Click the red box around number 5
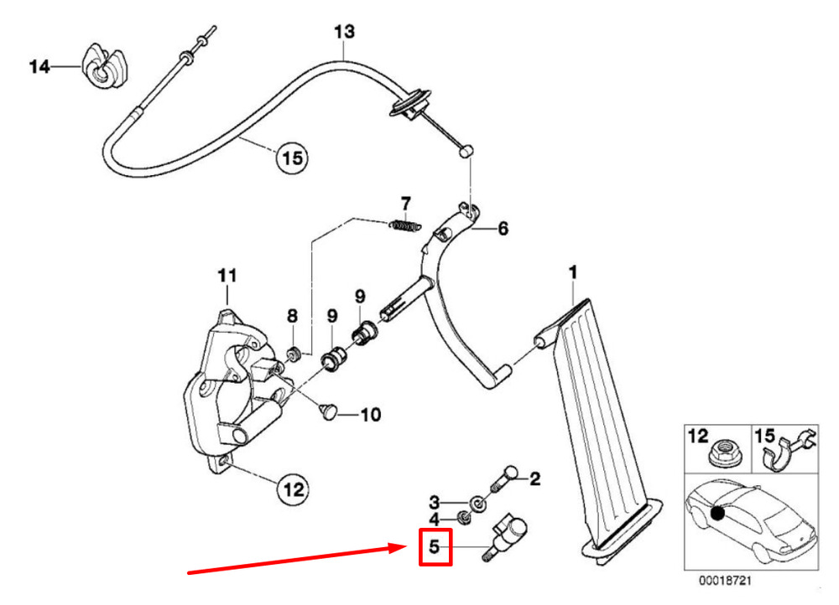coord(435,547)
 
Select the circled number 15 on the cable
coord(292,157)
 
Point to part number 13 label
coord(344,32)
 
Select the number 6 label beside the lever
coord(503,228)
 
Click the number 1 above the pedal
coord(573,272)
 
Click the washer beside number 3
coord(476,503)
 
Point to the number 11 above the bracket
coord(228,275)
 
